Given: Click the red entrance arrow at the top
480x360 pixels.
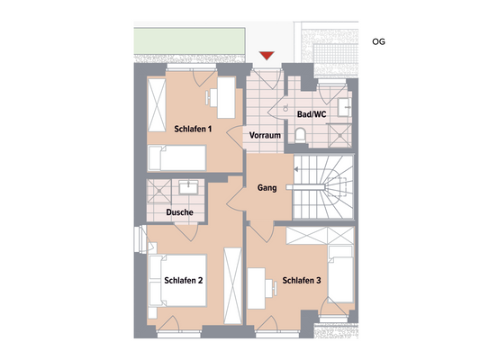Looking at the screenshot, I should coord(265,58).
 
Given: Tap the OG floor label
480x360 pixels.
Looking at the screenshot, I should coord(377,41).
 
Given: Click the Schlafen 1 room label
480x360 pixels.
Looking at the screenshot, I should coord(193,129).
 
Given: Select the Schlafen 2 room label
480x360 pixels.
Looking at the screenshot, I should coord(184,281).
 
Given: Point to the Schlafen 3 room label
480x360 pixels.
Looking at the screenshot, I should coord(302,281).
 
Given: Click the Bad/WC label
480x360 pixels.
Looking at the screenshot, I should coord(311,115).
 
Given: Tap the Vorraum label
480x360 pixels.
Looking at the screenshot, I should coord(266,135).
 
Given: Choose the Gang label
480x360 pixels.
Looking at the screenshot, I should coord(267,188).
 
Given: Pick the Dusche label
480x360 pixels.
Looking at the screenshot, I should coord(181,212).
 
